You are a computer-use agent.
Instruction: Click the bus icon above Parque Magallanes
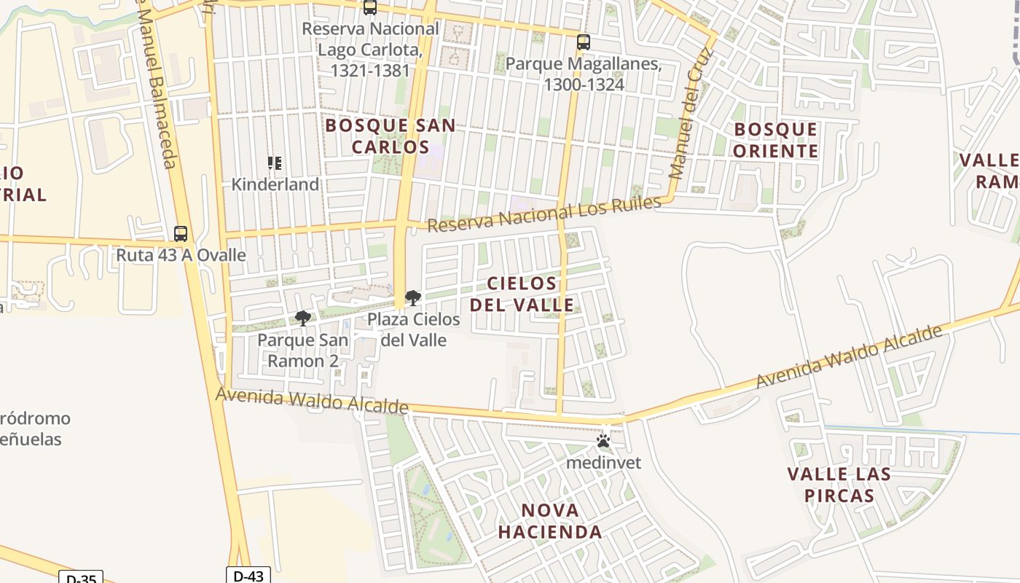click(583, 42)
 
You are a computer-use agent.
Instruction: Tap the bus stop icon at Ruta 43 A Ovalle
click(181, 234)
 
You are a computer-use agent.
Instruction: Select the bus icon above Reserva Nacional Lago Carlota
click(370, 7)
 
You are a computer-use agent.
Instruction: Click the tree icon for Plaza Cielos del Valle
click(412, 298)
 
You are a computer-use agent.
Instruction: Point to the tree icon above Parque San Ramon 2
click(303, 318)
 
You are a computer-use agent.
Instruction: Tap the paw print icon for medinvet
click(603, 441)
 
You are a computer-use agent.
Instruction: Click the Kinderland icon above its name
click(275, 163)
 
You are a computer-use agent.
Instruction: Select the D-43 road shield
click(248, 576)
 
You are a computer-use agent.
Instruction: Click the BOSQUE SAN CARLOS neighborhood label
click(391, 136)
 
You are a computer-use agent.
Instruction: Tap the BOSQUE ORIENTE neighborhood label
click(775, 141)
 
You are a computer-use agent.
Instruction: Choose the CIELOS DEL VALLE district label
click(522, 294)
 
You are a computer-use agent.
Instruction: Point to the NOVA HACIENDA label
click(550, 521)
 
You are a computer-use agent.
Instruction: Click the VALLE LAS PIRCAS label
click(839, 485)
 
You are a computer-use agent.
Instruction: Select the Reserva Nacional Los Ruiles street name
click(544, 214)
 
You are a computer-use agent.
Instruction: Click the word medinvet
click(603, 463)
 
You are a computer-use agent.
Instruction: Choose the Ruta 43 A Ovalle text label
click(181, 256)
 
